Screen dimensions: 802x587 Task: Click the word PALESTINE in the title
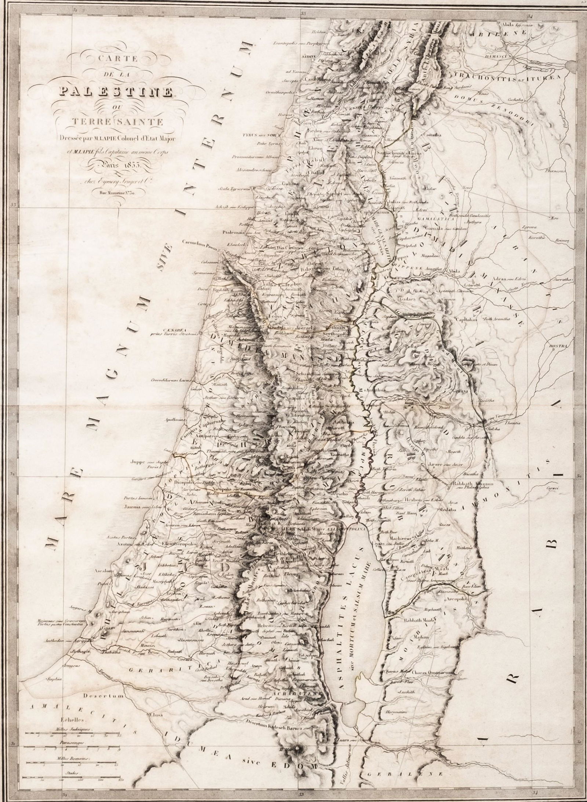coord(112,91)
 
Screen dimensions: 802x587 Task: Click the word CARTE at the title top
coord(112,59)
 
